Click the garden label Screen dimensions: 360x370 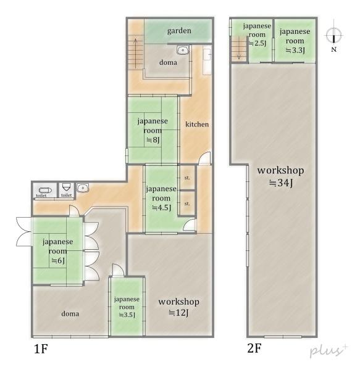(179, 31)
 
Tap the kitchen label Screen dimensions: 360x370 (197, 124)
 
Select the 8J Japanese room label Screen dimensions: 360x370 (153, 130)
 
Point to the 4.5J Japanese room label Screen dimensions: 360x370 (161, 198)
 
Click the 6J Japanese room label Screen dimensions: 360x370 (57, 251)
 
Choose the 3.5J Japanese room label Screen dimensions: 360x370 (127, 306)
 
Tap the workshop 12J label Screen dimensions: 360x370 (179, 307)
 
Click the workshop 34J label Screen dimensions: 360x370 (280, 176)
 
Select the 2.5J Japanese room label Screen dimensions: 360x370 (257, 35)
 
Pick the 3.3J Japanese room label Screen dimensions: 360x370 (295, 41)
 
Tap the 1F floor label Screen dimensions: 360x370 (41, 349)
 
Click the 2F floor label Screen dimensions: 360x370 (254, 348)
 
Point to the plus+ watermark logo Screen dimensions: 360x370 (329, 350)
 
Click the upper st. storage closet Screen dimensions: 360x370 (187, 178)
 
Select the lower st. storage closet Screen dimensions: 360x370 (187, 203)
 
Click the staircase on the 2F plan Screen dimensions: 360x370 (239, 49)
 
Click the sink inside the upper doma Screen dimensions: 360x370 (183, 50)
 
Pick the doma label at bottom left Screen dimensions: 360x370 (70, 314)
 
